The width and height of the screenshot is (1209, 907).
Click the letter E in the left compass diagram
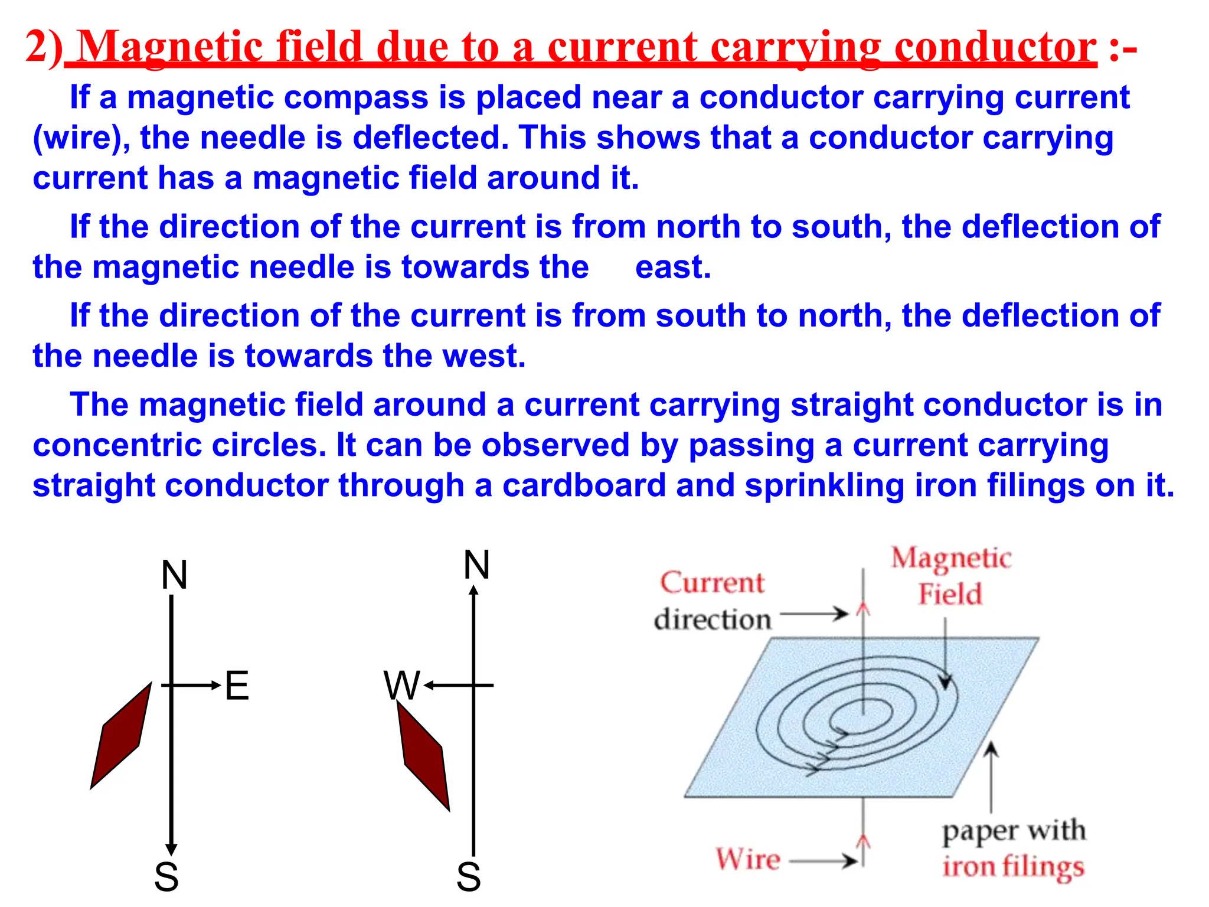(237, 686)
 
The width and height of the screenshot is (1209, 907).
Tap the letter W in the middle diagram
(401, 686)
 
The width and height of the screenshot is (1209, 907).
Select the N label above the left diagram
(175, 575)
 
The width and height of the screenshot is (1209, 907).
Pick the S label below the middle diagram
(469, 877)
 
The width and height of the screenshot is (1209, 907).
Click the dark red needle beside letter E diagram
(121, 736)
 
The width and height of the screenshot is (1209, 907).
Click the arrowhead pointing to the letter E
(215, 686)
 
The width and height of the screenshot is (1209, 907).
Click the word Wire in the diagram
(748, 859)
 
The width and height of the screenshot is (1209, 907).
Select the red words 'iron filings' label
(1013, 867)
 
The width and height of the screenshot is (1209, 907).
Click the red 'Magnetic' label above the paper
(951, 559)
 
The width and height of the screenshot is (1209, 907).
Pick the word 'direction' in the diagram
(713, 619)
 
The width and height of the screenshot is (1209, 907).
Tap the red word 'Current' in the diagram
(712, 583)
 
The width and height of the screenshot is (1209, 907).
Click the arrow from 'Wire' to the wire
(824, 861)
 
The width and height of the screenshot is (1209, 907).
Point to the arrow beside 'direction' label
(815, 614)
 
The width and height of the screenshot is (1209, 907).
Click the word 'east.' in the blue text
(673, 267)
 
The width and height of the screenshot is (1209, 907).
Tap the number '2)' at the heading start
(44, 47)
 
